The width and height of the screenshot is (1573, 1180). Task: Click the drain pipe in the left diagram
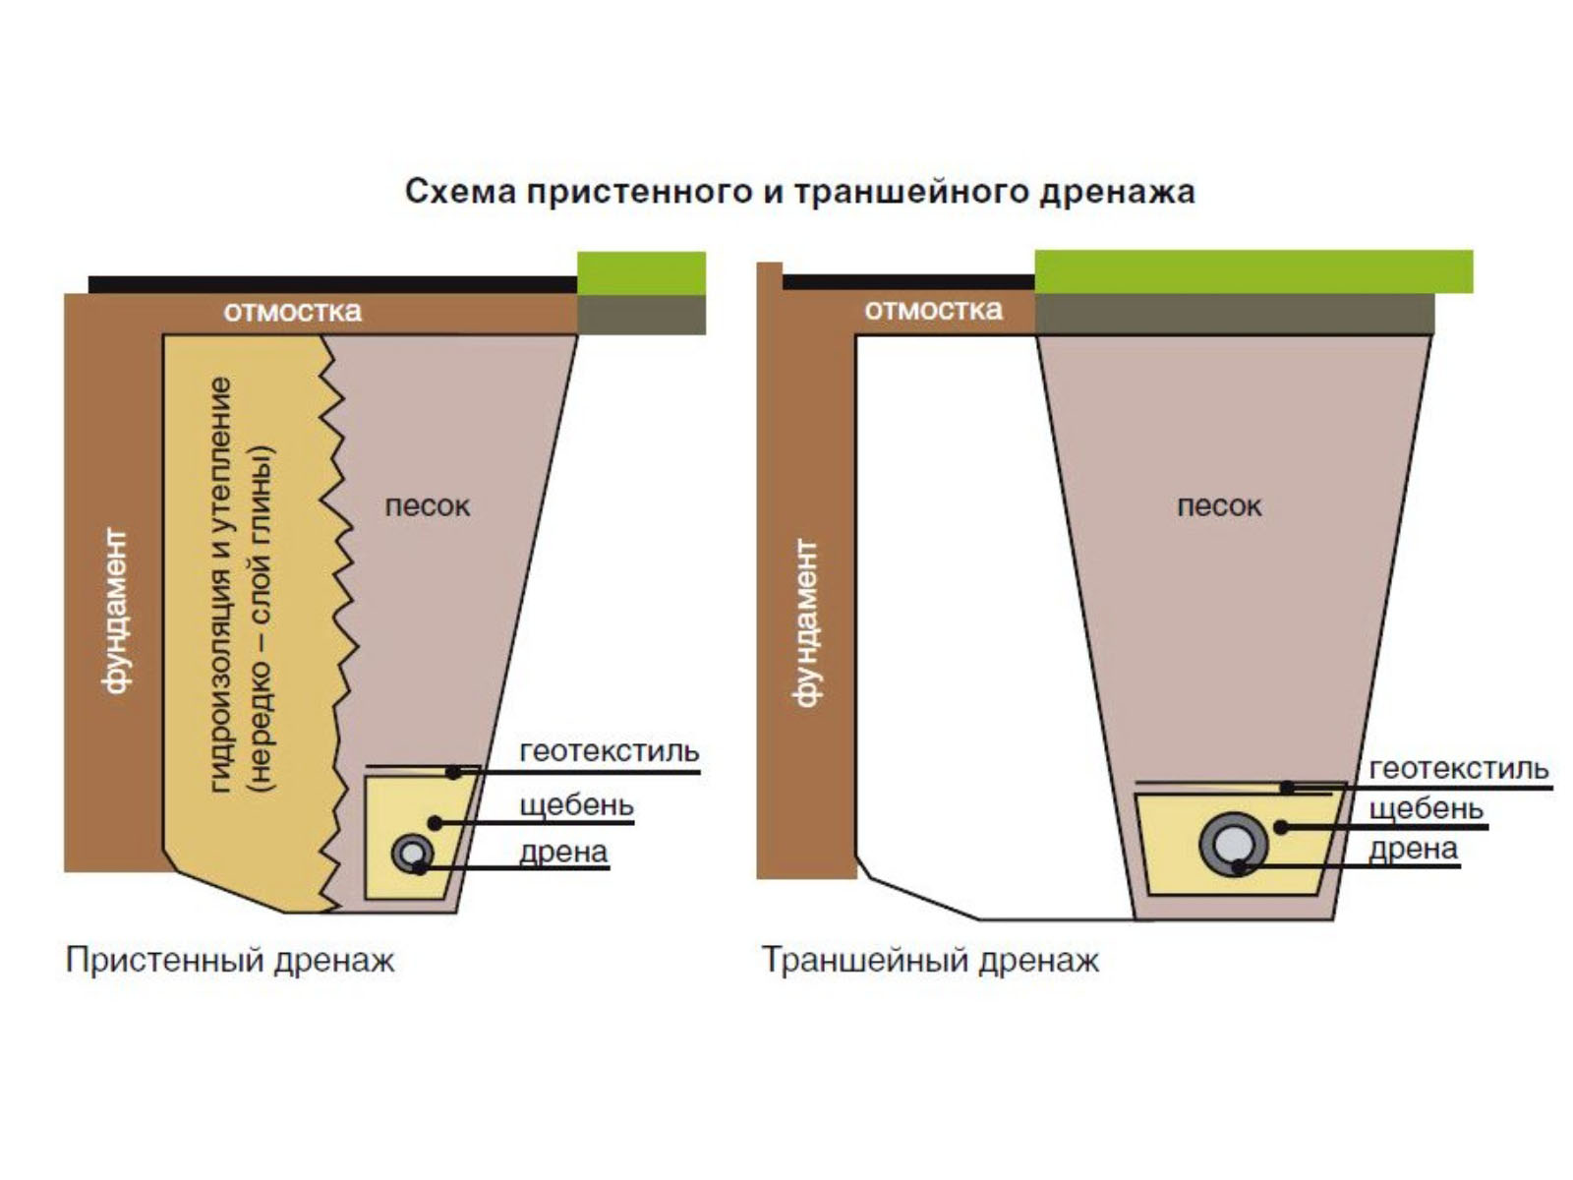[x=412, y=853]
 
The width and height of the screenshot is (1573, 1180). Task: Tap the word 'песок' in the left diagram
[x=427, y=506]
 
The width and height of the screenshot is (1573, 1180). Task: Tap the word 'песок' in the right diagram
[x=1219, y=506]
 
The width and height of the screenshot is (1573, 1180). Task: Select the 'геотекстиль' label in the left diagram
[x=610, y=751]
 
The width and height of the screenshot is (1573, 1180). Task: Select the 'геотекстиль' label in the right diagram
[x=1458, y=769]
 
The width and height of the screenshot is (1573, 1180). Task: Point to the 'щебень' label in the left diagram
[x=576, y=805]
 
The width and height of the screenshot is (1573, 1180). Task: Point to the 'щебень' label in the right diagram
[x=1426, y=809]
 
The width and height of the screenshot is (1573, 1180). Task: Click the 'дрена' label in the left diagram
[x=563, y=852]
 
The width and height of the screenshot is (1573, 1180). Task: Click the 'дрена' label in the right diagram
[x=1413, y=849]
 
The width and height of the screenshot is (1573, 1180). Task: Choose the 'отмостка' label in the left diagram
[x=292, y=312]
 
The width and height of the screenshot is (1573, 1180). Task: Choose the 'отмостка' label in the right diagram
[x=933, y=310]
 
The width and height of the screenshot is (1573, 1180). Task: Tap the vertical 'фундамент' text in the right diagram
[x=805, y=621]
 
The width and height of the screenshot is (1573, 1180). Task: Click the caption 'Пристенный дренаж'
[x=230, y=960]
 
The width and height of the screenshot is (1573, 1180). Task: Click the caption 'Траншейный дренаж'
[x=930, y=960]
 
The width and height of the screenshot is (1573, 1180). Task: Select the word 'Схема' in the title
[x=460, y=191]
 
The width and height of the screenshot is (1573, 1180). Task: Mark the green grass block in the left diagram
[x=641, y=273]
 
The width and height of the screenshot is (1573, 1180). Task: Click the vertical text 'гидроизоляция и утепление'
[x=221, y=585]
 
